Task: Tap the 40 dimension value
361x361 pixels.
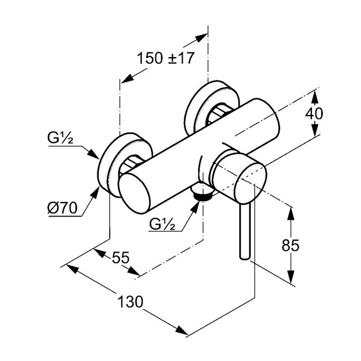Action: tap(314, 113)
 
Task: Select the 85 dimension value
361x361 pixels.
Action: tap(290, 245)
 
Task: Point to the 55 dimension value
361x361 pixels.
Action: tap(121, 257)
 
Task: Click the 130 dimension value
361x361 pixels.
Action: tap(130, 302)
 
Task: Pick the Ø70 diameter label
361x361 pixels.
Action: tap(62, 208)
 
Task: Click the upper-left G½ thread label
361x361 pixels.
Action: tap(60, 138)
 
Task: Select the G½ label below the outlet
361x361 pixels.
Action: tap(162, 224)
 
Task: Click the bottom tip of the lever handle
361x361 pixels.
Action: tap(245, 258)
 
